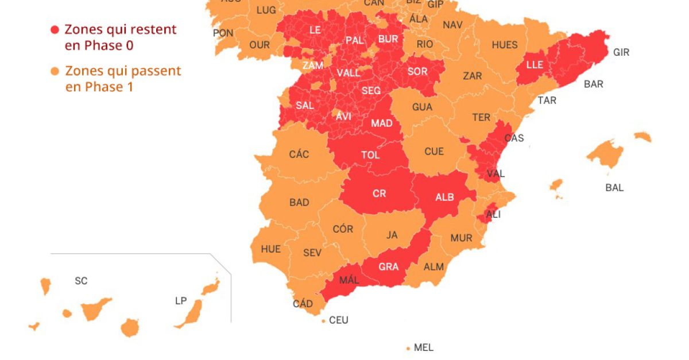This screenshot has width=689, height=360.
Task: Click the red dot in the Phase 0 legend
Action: coord(55,29)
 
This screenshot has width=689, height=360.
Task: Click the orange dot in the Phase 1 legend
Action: coord(55,71)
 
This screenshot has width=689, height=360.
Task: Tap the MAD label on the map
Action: coord(381,123)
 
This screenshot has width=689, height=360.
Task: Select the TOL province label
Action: coord(370,155)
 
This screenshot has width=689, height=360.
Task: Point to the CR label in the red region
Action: coord(379,193)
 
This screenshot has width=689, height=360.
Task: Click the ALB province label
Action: coord(444,197)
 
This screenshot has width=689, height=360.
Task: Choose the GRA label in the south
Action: coord(389,266)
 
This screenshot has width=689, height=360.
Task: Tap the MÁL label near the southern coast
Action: coord(349,280)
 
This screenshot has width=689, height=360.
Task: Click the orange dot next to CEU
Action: coord(324,320)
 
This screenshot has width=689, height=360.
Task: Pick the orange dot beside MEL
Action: coord(408,348)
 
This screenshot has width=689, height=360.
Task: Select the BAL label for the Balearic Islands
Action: coord(614,187)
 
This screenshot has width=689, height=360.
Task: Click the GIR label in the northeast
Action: coord(621,52)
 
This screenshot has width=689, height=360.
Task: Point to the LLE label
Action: coord(535,65)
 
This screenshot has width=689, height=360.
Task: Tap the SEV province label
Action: coord(312,253)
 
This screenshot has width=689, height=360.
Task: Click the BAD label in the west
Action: coord(299,202)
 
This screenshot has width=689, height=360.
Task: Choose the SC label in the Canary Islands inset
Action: coord(81,281)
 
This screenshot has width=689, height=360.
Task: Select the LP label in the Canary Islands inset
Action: coord(181,301)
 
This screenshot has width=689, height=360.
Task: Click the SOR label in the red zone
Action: coord(417,72)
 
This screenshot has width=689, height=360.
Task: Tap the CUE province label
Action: coord(434,152)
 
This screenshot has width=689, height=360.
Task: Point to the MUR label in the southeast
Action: coord(461,238)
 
